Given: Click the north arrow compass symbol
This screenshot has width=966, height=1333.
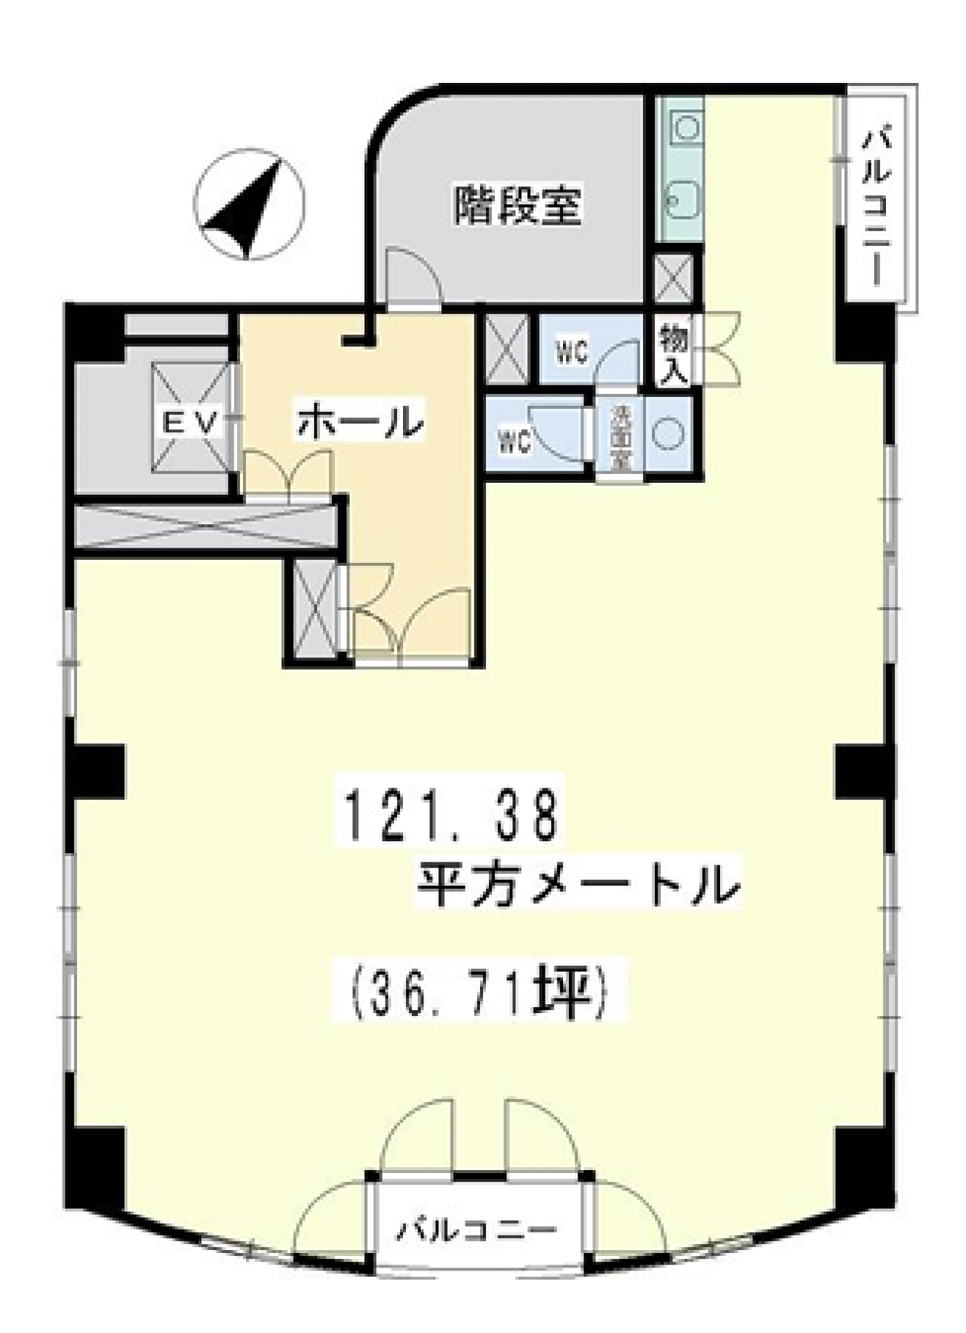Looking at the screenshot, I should click(x=249, y=204).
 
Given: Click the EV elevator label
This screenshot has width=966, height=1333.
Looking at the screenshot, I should click(x=190, y=422).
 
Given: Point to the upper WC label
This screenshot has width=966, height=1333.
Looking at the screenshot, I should click(x=573, y=353).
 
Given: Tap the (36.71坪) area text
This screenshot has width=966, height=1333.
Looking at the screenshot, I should click(x=480, y=997).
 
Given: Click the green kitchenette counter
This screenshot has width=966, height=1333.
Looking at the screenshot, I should click(x=678, y=168).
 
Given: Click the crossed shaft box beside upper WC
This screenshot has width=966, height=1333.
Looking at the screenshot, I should click(x=506, y=347).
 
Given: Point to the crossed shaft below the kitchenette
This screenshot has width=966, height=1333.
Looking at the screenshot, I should click(x=672, y=278).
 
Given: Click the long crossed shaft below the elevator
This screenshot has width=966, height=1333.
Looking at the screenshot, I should click(x=204, y=522).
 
